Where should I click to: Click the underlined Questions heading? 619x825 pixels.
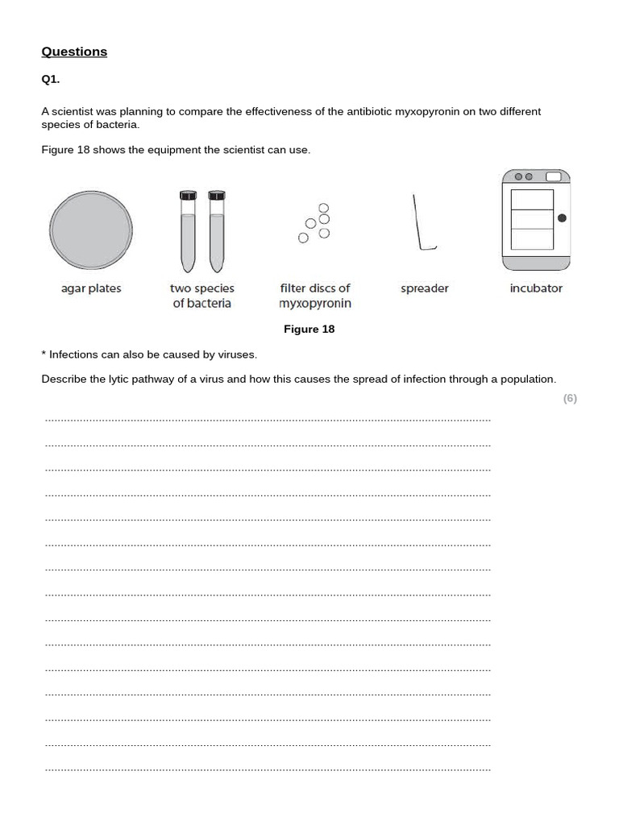[74, 52]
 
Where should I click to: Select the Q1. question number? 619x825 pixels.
[51, 79]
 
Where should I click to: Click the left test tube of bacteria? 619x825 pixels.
[188, 232]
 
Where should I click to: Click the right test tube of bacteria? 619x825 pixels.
[215, 232]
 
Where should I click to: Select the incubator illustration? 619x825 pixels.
[535, 221]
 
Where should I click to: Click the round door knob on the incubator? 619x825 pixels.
[562, 218]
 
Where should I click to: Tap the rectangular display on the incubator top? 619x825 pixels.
[554, 176]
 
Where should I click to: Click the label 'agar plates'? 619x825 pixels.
[91, 288]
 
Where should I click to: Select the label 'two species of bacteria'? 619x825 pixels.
[202, 296]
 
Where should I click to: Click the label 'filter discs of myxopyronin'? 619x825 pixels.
[315, 296]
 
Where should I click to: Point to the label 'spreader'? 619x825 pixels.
[424, 288]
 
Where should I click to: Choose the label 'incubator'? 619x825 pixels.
[536, 288]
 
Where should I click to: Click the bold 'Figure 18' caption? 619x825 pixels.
[309, 329]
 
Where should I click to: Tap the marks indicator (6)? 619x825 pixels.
[570, 398]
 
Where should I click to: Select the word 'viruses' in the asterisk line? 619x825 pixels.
[236, 354]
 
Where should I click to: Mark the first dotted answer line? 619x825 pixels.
[268, 420]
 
